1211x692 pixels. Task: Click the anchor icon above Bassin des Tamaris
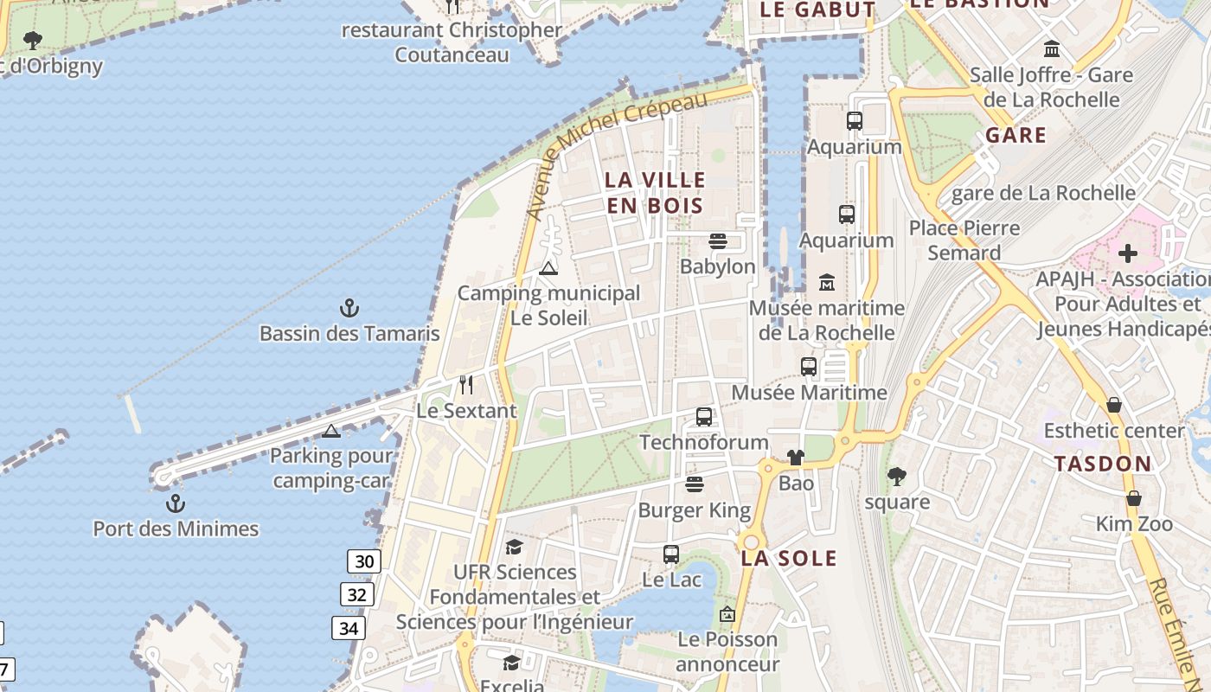[349, 307]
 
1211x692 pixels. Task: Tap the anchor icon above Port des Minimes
[176, 503]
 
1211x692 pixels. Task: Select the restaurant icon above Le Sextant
[466, 384]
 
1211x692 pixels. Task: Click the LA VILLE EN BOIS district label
[655, 192]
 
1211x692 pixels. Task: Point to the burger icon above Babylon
[717, 240]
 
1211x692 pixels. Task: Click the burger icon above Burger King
[695, 484]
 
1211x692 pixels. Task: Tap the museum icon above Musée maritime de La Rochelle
[827, 282]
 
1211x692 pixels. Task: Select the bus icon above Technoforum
[704, 417]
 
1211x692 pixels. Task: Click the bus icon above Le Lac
[671, 554]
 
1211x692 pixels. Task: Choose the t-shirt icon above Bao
[795, 457]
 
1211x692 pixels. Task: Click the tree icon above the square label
[897, 476]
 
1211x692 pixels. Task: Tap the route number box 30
[364, 561]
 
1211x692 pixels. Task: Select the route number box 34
[349, 628]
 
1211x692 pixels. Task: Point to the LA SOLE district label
[789, 558]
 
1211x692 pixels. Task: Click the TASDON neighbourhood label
[1103, 464]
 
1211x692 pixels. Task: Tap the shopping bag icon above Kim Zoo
[1133, 498]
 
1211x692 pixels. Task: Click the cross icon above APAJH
[1127, 253]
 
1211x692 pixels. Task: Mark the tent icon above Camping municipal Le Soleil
[548, 268]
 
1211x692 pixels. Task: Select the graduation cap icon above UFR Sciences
[514, 547]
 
